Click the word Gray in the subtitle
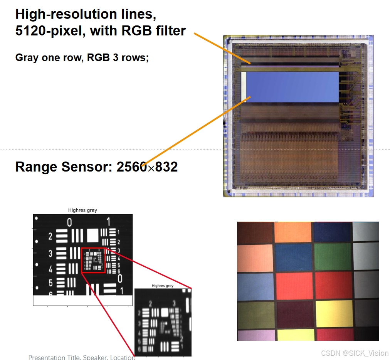point(26,58)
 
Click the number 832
point(165,167)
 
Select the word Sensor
point(89,167)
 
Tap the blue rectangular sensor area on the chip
point(292,87)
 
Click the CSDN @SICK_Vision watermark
point(354,353)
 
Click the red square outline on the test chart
point(93,261)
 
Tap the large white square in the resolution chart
point(93,235)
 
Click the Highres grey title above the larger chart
point(82,210)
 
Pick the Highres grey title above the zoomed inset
point(162,286)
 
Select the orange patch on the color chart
point(292,232)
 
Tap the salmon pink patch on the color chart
point(255,257)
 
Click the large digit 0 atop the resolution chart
point(69,222)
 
